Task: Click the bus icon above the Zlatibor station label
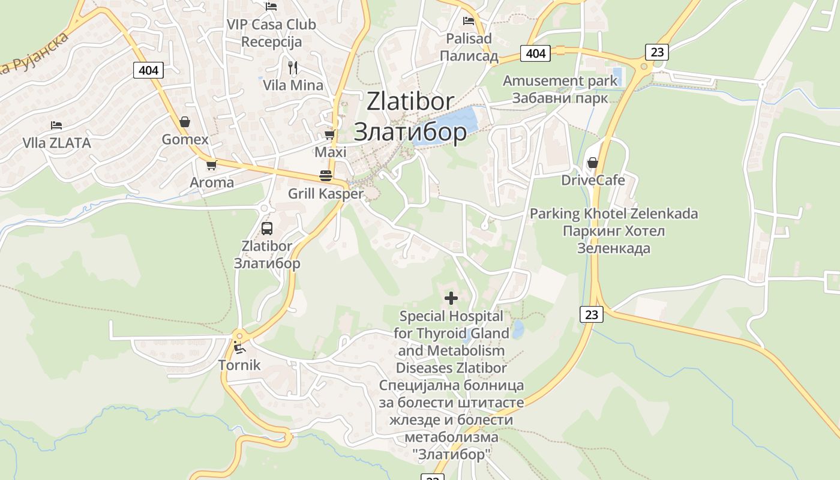tap(267, 228)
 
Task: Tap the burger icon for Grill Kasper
tap(326, 176)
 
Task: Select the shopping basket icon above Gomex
tap(185, 122)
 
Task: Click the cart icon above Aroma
tap(211, 164)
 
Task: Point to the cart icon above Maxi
tap(329, 134)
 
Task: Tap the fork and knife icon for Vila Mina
tap(293, 67)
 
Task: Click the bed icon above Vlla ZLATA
tap(56, 125)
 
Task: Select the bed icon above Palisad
tap(469, 21)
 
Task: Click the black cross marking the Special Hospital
tap(451, 298)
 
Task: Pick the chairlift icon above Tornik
tap(239, 347)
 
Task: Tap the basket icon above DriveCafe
tap(593, 163)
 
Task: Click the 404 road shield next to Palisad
tap(535, 53)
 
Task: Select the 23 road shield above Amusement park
tap(657, 52)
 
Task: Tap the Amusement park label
tap(560, 80)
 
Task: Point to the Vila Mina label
tap(293, 85)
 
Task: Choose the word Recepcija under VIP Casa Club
tap(271, 42)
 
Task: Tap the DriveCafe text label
tap(593, 181)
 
